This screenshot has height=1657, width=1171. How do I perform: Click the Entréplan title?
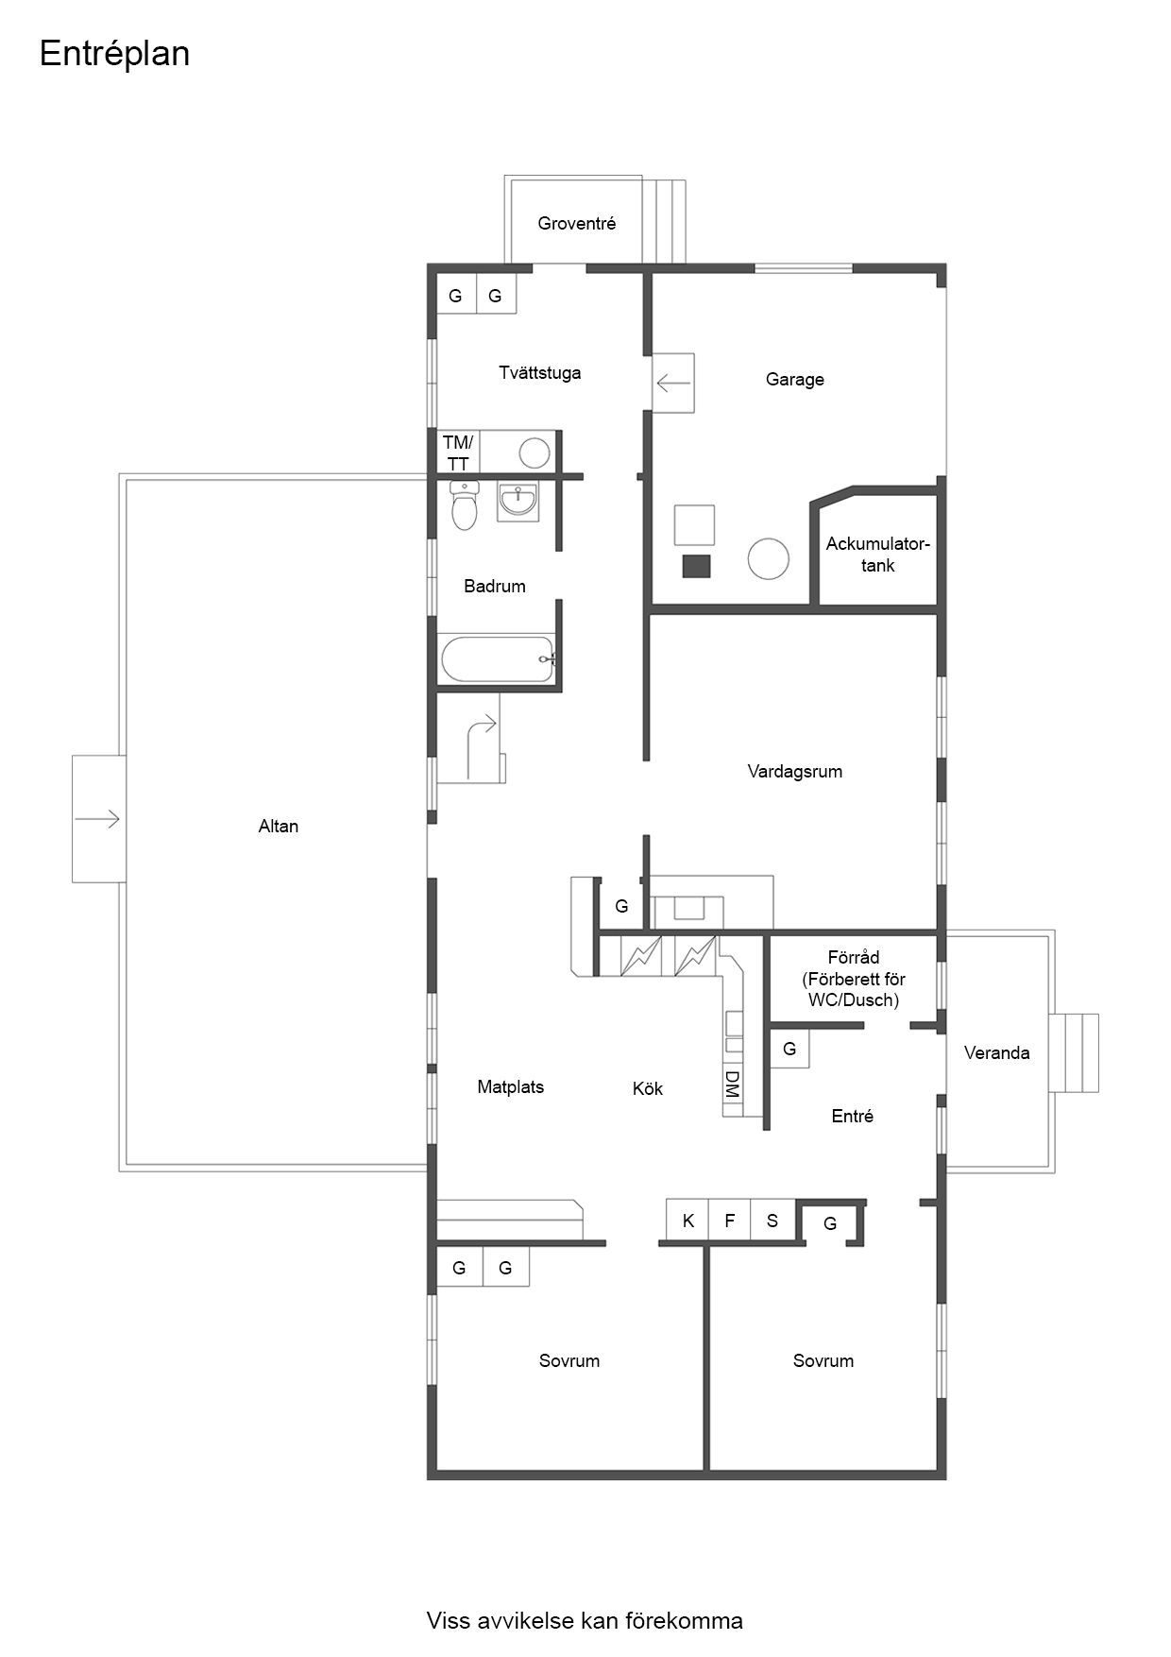pyautogui.click(x=114, y=55)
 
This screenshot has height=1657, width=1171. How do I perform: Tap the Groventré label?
pyautogui.click(x=577, y=224)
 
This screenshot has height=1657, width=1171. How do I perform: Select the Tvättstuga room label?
pyautogui.click(x=540, y=373)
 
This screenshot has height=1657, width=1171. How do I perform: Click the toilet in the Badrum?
pyautogui.click(x=465, y=504)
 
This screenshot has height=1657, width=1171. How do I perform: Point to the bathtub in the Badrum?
pyautogui.click(x=497, y=659)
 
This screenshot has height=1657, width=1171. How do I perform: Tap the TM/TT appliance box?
pyautogui.click(x=458, y=453)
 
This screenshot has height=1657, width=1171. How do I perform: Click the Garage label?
pyautogui.click(x=795, y=380)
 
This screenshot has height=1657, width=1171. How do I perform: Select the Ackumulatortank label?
pyautogui.click(x=878, y=555)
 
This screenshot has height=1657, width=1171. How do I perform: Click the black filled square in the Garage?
pyautogui.click(x=696, y=566)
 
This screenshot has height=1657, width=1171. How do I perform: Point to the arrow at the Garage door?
pyautogui.click(x=673, y=384)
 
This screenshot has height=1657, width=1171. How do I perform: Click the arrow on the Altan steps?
pyautogui.click(x=98, y=818)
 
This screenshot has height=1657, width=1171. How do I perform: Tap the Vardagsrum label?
pyautogui.click(x=795, y=772)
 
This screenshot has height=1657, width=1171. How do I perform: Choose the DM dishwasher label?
pyautogui.click(x=732, y=1084)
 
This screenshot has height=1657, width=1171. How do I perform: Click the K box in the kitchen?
pyautogui.click(x=687, y=1221)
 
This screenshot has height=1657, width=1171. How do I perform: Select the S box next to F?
pyautogui.click(x=772, y=1221)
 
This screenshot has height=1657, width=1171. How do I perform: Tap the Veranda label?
pyautogui.click(x=997, y=1053)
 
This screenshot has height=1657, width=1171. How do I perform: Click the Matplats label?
pyautogui.click(x=511, y=1087)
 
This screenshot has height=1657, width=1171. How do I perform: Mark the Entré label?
pyautogui.click(x=853, y=1117)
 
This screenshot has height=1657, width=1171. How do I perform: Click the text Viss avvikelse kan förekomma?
pyautogui.click(x=585, y=1621)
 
